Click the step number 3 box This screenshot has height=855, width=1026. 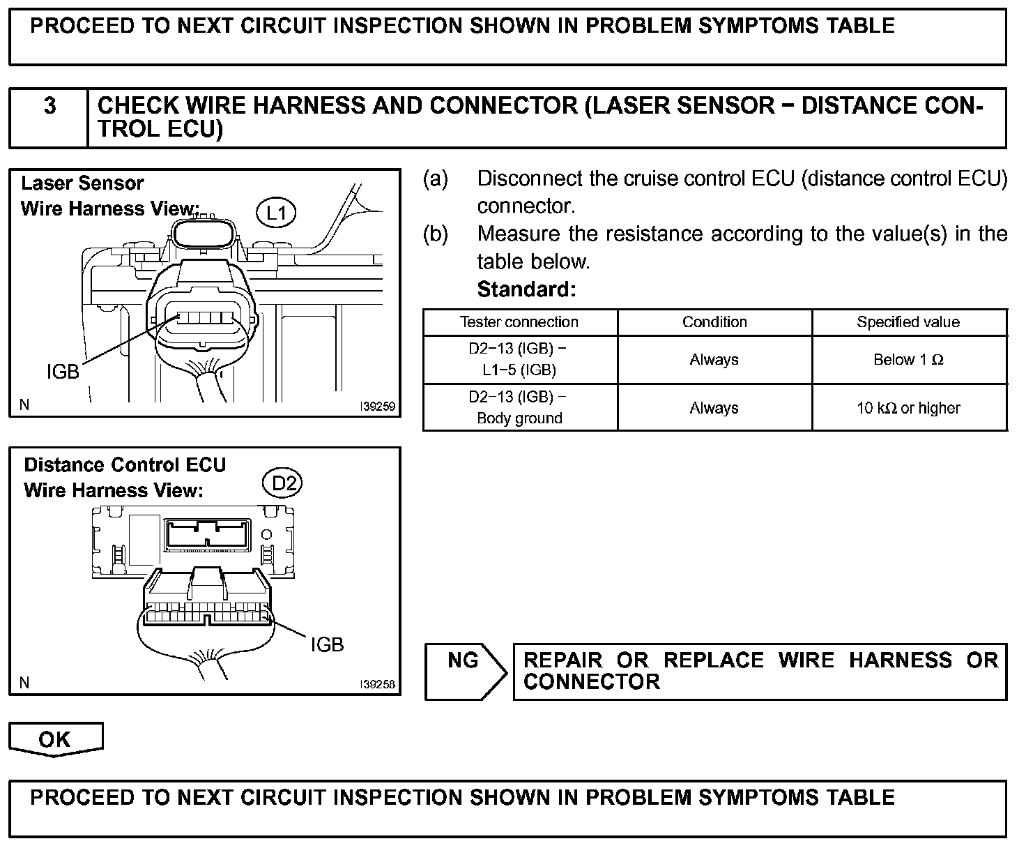tap(49, 117)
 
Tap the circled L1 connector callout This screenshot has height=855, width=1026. tap(277, 213)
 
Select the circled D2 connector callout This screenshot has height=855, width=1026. tap(283, 483)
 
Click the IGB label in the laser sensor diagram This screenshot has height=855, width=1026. tap(63, 372)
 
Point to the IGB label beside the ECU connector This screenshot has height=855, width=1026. tap(327, 645)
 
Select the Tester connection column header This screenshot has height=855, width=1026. tap(519, 322)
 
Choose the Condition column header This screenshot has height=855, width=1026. tap(714, 322)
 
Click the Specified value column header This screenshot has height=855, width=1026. tap(908, 322)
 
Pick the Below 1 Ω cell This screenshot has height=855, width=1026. tap(908, 360)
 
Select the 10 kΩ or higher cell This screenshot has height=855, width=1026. tap(908, 408)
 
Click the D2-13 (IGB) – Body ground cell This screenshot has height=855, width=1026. tap(519, 408)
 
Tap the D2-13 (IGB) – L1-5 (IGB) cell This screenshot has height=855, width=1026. tap(519, 360)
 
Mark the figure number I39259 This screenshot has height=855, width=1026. tap(377, 406)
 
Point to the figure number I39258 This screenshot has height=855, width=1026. tap(377, 685)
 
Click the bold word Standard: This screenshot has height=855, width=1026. tap(526, 289)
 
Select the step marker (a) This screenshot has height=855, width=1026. tap(436, 179)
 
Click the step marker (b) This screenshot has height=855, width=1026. tap(436, 234)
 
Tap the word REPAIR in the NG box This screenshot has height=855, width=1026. tap(563, 660)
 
